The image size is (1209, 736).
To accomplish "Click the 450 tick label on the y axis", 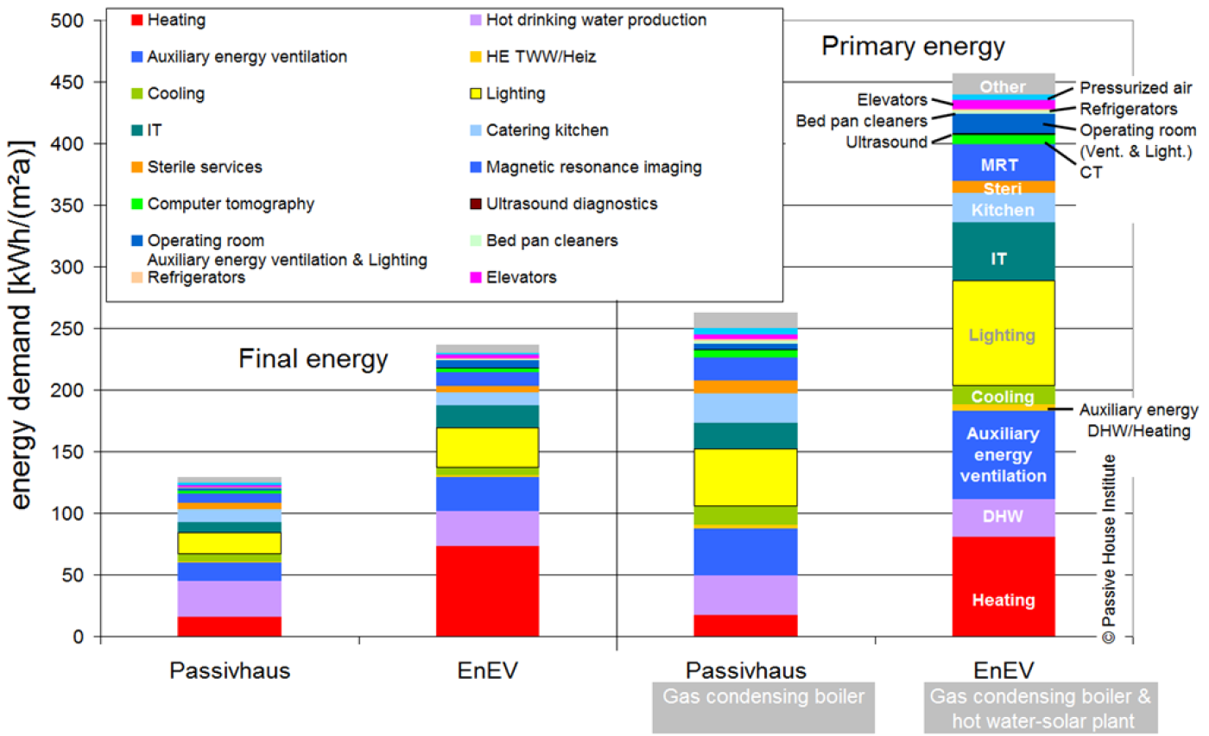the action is pyautogui.click(x=67, y=83).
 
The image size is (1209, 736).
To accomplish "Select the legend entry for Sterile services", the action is pyautogui.click(x=197, y=167).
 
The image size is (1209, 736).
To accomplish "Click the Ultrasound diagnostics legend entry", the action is pyautogui.click(x=564, y=204).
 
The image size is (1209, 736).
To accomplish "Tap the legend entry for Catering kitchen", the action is pyautogui.click(x=540, y=130).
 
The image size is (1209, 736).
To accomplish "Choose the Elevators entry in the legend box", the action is pyautogui.click(x=513, y=277).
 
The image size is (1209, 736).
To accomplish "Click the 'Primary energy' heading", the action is pyautogui.click(x=914, y=47).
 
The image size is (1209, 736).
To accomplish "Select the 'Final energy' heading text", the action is pyautogui.click(x=313, y=359).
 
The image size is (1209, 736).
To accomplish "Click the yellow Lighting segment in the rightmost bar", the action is pyautogui.click(x=1003, y=333).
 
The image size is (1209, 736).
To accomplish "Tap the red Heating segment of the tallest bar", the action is pyautogui.click(x=1003, y=587).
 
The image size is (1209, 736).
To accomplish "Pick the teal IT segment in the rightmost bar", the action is pyautogui.click(x=1003, y=251).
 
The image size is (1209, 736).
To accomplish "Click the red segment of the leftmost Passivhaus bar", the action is pyautogui.click(x=230, y=626).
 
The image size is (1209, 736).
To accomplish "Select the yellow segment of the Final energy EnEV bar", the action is pyautogui.click(x=487, y=447).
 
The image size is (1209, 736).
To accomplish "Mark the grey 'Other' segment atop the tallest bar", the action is pyautogui.click(x=1003, y=85).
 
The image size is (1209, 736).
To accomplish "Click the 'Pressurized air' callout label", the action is pyautogui.click(x=1136, y=88).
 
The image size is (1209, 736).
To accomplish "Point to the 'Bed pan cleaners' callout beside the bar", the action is pyautogui.click(x=862, y=121).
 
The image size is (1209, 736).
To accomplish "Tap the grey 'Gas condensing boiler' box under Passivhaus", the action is pyautogui.click(x=763, y=707).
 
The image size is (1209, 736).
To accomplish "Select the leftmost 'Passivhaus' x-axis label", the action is pyautogui.click(x=230, y=670).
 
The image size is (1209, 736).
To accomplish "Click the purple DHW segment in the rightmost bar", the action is pyautogui.click(x=1003, y=517).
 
